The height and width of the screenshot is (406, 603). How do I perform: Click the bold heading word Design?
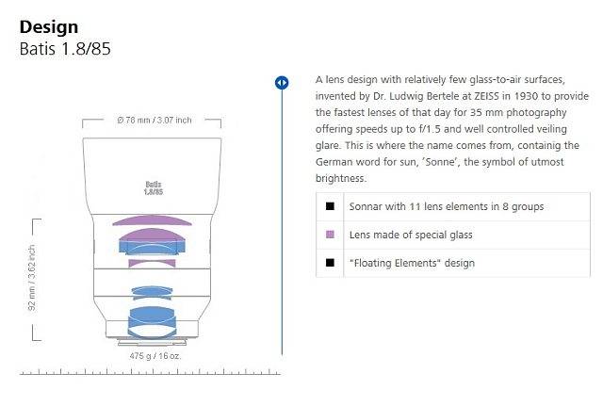(49, 27)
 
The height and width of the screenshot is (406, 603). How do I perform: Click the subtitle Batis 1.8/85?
(65, 49)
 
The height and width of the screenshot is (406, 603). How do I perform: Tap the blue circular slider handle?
(282, 83)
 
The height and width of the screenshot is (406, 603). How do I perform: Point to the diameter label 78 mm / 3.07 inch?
(155, 120)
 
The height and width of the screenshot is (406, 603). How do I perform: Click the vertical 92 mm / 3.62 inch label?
(32, 278)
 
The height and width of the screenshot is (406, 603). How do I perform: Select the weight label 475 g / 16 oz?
(155, 356)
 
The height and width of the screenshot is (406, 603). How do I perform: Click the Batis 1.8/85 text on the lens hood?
(154, 188)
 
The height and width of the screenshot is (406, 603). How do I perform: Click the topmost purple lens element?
(152, 220)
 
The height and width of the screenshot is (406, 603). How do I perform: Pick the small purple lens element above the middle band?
(152, 263)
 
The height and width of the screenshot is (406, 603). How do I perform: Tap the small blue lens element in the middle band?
(152, 292)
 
